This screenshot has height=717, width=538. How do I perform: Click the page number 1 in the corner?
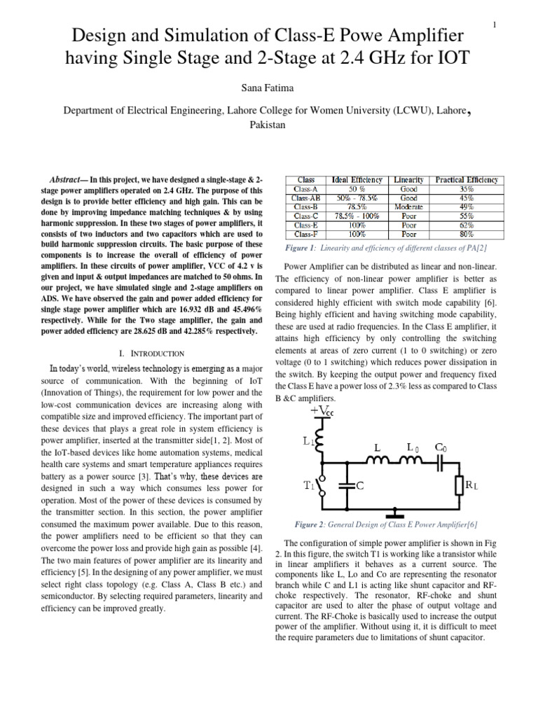pos(495,26)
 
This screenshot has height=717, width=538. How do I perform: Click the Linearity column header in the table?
pos(408,180)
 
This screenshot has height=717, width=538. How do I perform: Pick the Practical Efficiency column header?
pos(467,180)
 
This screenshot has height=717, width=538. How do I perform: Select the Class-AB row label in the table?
pos(306,198)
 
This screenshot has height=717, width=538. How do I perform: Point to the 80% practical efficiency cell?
pos(467,235)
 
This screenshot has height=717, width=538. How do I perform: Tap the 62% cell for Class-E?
pos(467,225)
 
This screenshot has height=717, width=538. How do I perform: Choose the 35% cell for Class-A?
pos(467,189)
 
